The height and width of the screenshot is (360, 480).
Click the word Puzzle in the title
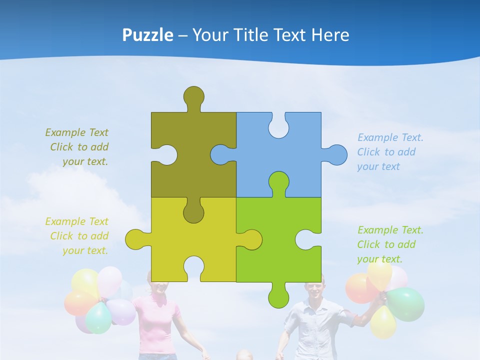point(148,35)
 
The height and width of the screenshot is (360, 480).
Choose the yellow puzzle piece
point(165,240)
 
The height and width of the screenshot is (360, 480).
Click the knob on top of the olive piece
point(193,96)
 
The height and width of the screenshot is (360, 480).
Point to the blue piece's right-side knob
point(336,155)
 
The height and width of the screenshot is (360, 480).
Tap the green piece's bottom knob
point(278,296)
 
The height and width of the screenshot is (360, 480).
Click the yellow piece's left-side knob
point(136,239)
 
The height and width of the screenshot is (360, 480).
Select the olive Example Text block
point(77,147)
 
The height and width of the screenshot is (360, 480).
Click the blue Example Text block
point(390,152)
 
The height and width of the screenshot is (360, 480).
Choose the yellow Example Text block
point(77,236)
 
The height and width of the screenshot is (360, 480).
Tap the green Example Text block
point(390,244)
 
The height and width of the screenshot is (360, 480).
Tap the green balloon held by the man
point(406,303)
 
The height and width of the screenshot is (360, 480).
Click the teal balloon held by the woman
point(98,318)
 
